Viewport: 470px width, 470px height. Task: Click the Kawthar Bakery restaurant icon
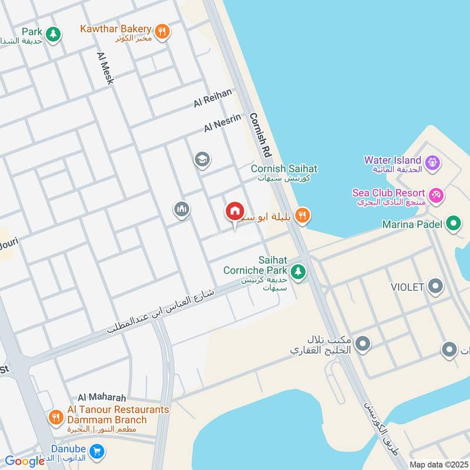point(163,31)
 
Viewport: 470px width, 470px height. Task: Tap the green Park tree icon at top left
point(53,34)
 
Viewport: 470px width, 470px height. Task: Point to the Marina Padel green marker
point(453,224)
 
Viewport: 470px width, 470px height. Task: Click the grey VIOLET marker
point(435,287)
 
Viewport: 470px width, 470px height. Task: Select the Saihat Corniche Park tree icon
point(299,272)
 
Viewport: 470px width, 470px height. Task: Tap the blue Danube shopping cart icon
point(98,451)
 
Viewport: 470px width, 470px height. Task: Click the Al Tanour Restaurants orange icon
point(56,418)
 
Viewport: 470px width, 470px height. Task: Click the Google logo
point(25,461)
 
